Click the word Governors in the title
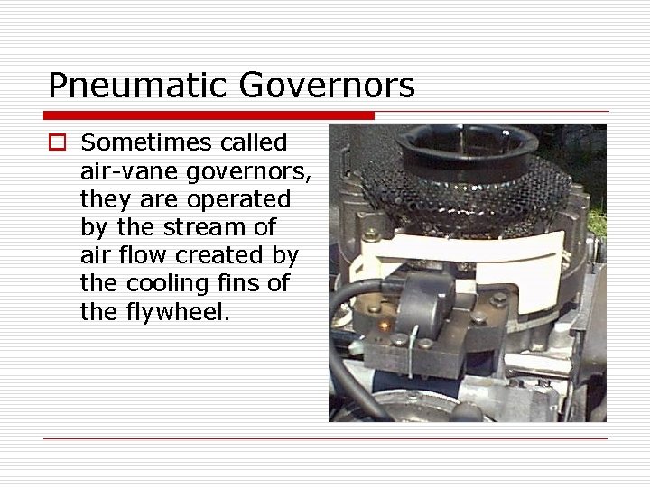[327, 86]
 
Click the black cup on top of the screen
[464, 143]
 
